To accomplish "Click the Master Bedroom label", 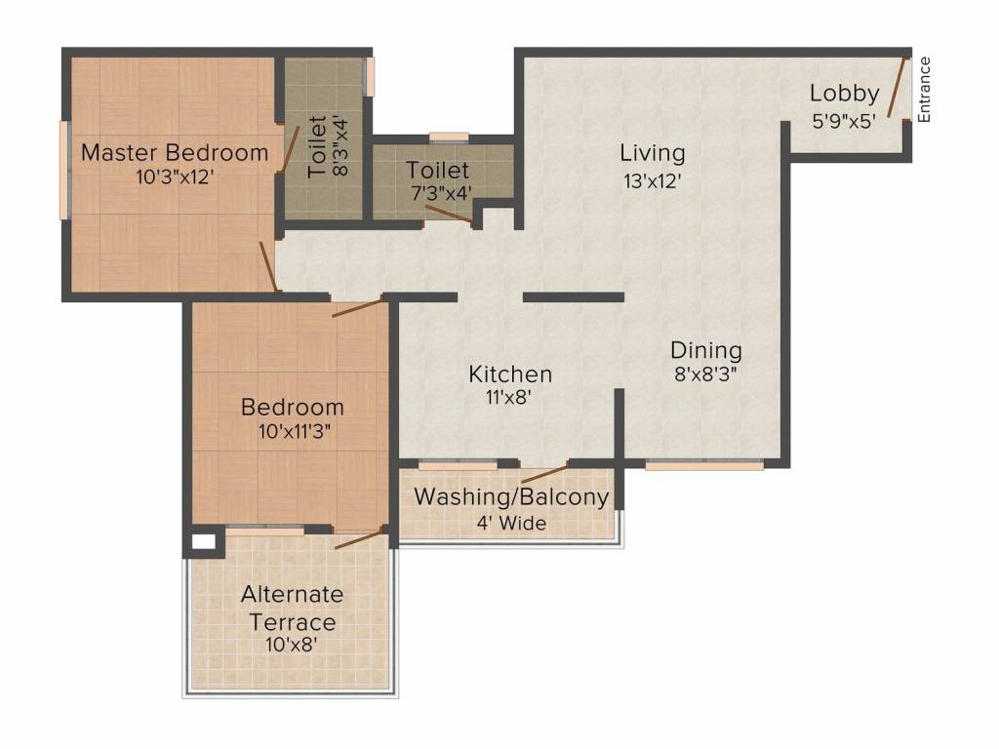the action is (x=175, y=153).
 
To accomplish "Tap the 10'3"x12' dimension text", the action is (x=175, y=177).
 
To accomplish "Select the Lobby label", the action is (x=844, y=94).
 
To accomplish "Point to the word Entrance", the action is (x=925, y=89).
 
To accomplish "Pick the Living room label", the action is (x=653, y=153).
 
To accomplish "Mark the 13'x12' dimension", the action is (x=653, y=181).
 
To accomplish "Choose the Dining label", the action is (x=706, y=350).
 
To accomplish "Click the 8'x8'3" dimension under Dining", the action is (x=706, y=374).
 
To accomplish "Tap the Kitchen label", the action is (x=509, y=374).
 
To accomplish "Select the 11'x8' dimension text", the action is (x=508, y=398).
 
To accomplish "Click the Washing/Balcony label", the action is (x=511, y=496).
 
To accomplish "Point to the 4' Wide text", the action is (x=511, y=523).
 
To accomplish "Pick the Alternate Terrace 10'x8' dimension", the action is (x=292, y=645).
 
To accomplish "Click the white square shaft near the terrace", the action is (x=204, y=542).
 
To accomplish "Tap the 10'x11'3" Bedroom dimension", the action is (x=295, y=432).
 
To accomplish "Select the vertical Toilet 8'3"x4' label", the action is (x=328, y=147).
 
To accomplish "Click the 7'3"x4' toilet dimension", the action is (x=442, y=193).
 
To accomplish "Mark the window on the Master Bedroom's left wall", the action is (x=63, y=170).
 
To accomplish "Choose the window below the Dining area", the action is (x=704, y=464).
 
